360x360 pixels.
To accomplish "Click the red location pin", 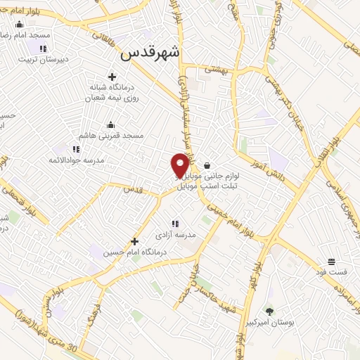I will (x=181, y=165).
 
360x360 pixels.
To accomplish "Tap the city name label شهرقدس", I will (x=150, y=53).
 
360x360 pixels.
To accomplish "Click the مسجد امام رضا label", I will (x=25, y=35).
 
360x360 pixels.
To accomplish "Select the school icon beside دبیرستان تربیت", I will (x=42, y=49).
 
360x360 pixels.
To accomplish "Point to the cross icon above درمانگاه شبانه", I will (x=111, y=77).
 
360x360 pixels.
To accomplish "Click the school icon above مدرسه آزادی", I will (x=175, y=224).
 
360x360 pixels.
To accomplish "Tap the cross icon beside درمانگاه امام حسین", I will (x=134, y=242).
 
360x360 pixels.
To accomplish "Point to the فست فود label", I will (x=331, y=271).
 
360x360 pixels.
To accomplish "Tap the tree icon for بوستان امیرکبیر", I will (x=269, y=310).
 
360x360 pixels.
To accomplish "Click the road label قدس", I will (x=134, y=188).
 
